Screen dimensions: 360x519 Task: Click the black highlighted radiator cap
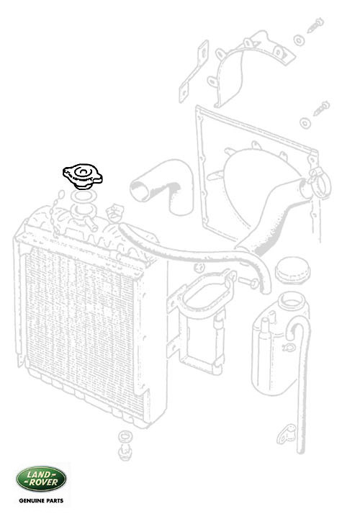coord(82,176)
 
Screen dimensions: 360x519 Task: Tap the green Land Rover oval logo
coord(41,479)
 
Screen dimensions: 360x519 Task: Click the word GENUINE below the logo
coord(31,501)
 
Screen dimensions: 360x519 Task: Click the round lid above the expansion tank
coord(292,270)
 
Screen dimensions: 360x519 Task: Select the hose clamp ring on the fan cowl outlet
coord(320,182)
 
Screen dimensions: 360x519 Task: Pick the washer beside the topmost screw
coord(299,40)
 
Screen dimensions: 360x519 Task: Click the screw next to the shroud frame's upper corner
coord(321,109)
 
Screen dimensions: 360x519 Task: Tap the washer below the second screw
coord(305,123)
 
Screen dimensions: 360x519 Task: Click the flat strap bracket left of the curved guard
coord(194,71)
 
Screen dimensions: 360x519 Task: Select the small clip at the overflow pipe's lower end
coord(286,434)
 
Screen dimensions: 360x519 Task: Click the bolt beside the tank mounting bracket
coord(248,282)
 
